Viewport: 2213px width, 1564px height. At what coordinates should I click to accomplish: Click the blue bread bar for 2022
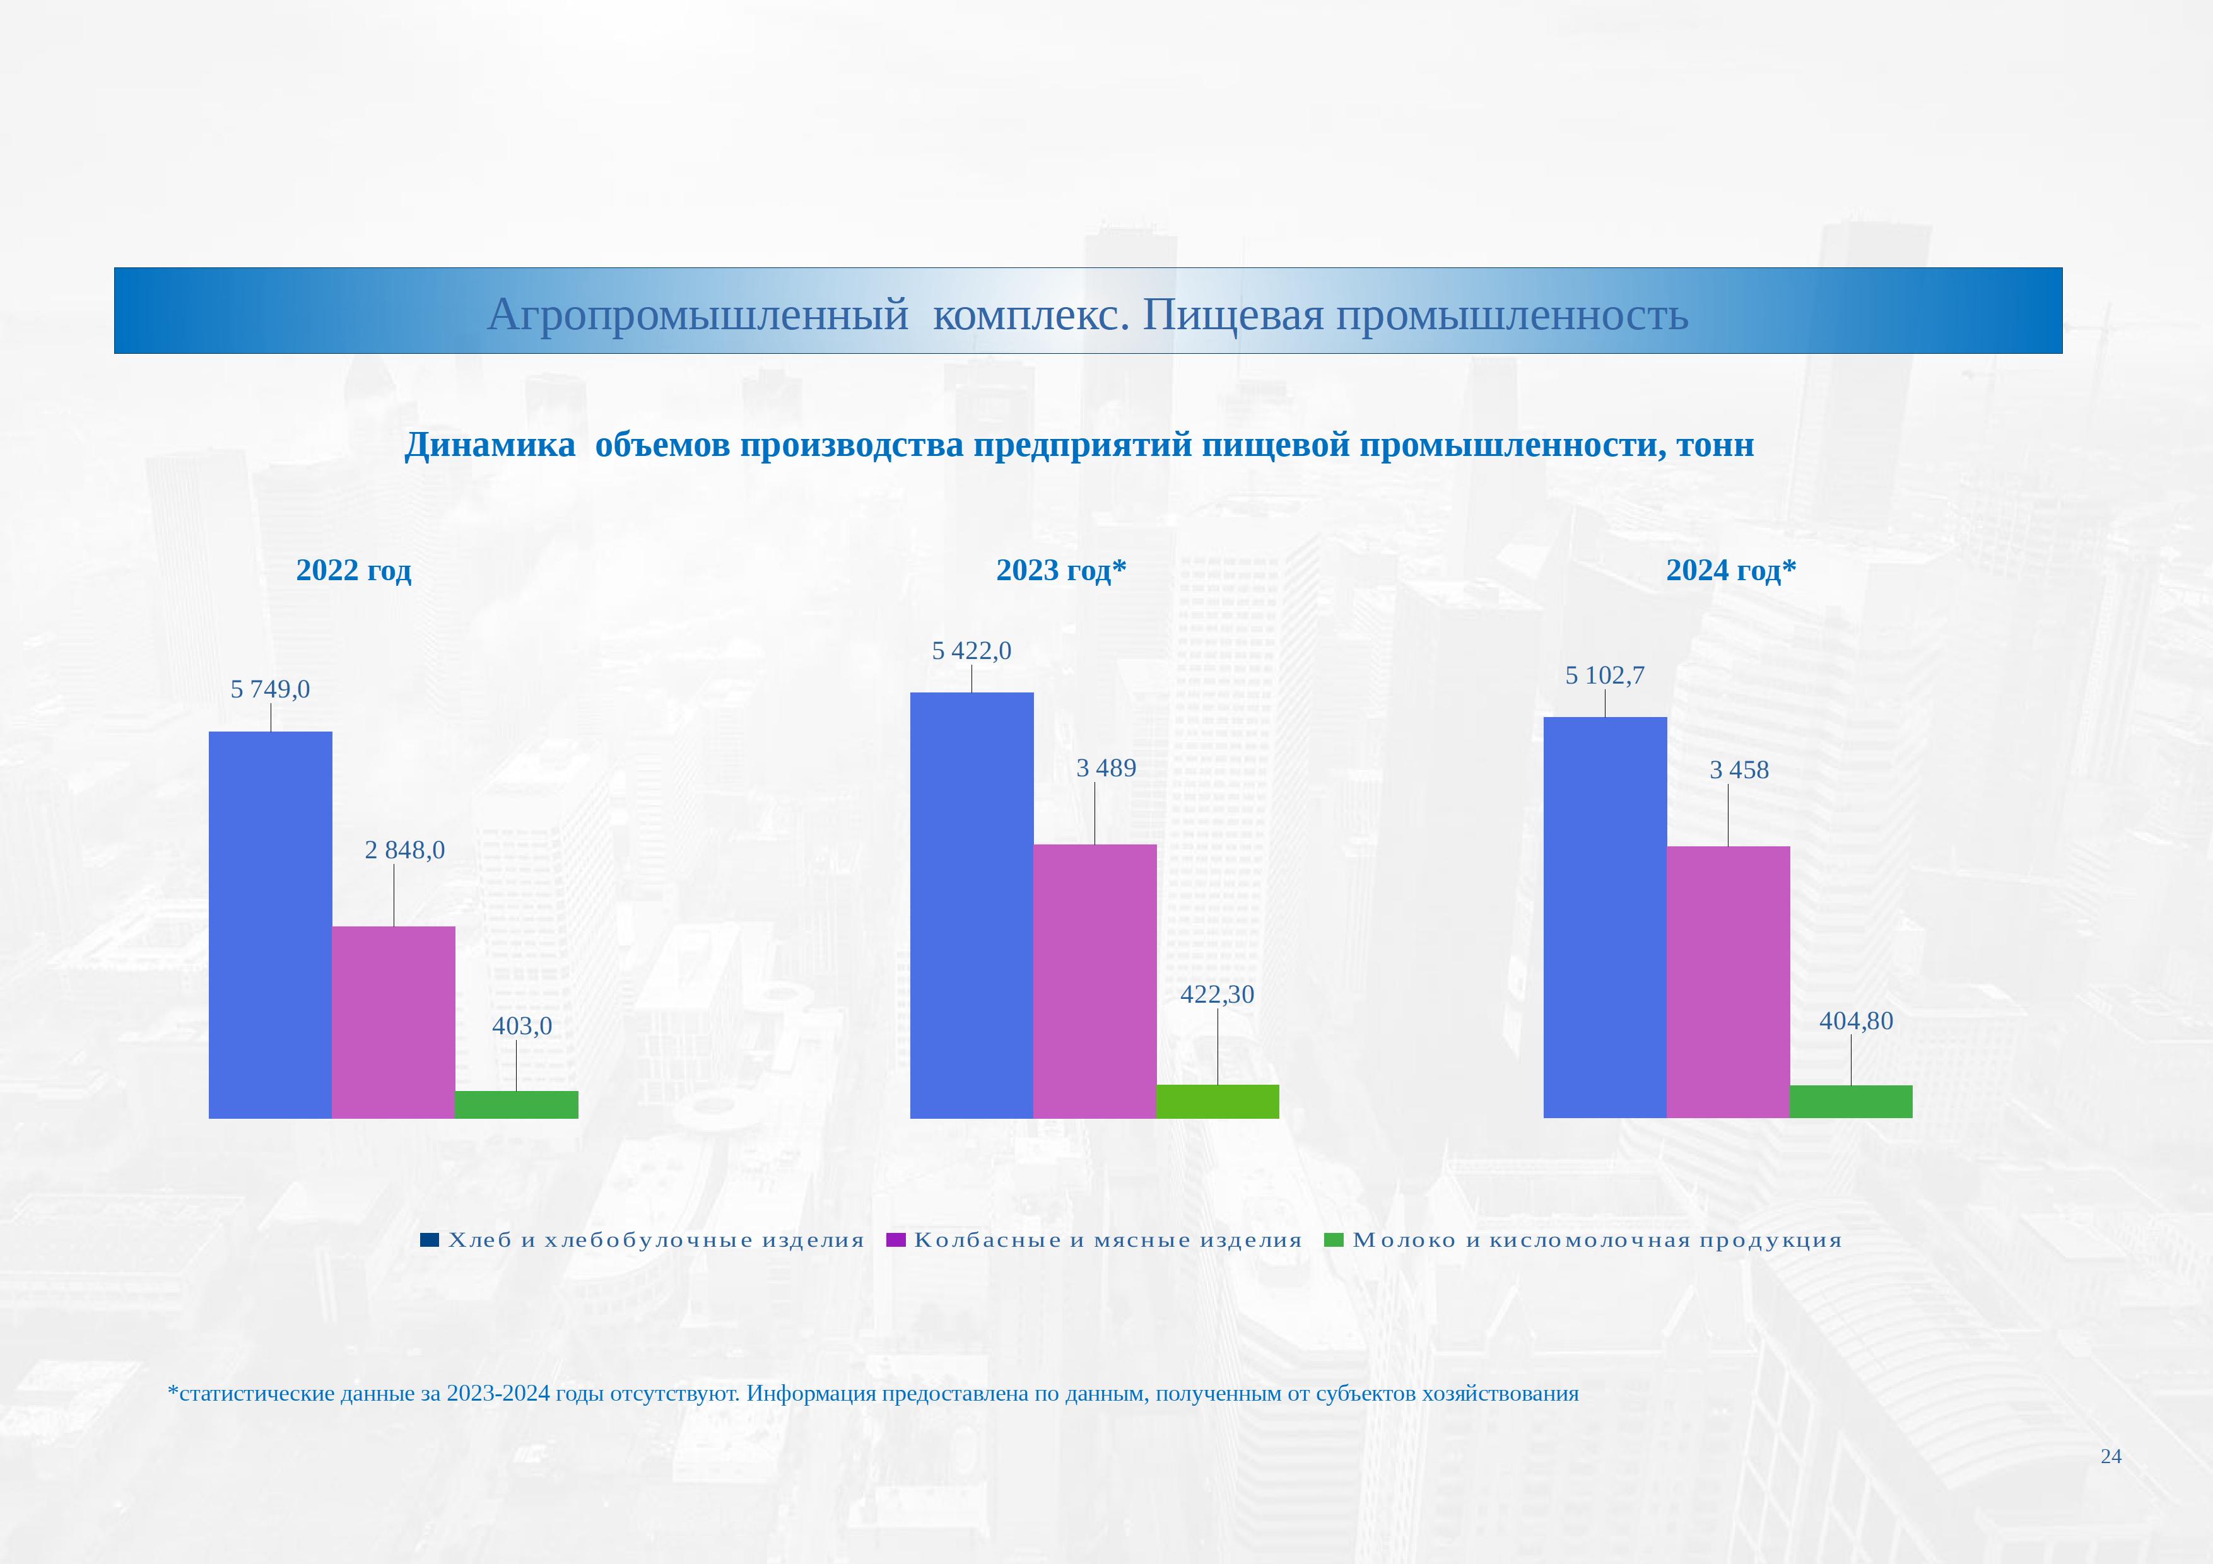click(270, 925)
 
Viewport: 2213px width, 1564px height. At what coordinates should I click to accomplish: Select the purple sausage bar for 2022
click(393, 1022)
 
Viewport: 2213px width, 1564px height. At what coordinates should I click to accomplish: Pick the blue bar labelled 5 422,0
click(971, 906)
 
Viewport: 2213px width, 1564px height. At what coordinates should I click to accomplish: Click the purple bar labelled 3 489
click(1095, 982)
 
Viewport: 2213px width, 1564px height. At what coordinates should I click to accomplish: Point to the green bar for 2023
click(1218, 1102)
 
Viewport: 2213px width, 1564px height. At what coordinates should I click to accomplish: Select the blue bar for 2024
click(1605, 918)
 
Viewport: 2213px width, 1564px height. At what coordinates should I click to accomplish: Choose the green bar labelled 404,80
click(1851, 1102)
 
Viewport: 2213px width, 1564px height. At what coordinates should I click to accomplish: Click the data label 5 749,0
click(270, 690)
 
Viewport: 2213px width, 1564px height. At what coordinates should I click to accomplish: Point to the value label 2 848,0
click(405, 850)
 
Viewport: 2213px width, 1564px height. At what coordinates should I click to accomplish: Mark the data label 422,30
click(1218, 995)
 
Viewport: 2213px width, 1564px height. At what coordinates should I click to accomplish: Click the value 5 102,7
click(1605, 675)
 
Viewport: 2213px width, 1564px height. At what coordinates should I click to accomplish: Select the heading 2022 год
click(354, 571)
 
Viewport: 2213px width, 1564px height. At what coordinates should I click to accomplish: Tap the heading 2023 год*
click(1061, 571)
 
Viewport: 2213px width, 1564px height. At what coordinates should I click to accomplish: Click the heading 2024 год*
click(1731, 571)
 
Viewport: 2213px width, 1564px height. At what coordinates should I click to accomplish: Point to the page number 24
click(2111, 1456)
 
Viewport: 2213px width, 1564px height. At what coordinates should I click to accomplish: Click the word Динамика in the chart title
click(490, 445)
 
